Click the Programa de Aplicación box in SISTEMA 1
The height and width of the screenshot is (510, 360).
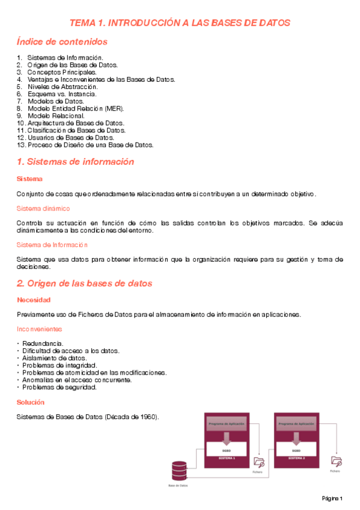pos(227,424)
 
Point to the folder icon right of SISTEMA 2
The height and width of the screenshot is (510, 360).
pos(337,462)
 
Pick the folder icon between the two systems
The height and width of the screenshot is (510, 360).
pos(259,462)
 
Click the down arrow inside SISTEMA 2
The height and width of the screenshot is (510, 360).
pos(296,437)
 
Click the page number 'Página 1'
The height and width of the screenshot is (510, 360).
pos(331,499)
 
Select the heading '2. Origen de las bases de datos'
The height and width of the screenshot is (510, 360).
pos(84,283)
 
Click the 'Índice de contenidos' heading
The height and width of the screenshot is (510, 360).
pos(63,41)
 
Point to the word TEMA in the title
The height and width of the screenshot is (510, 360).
pos(82,22)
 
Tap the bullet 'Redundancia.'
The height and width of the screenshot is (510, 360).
pos(43,343)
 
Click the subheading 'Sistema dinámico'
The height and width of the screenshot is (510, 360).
pos(43,208)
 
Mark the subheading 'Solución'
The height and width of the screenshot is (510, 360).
pos(31,402)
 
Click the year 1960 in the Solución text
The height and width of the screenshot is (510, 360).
pos(149,417)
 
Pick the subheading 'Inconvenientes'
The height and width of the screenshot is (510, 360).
pos(39,329)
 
